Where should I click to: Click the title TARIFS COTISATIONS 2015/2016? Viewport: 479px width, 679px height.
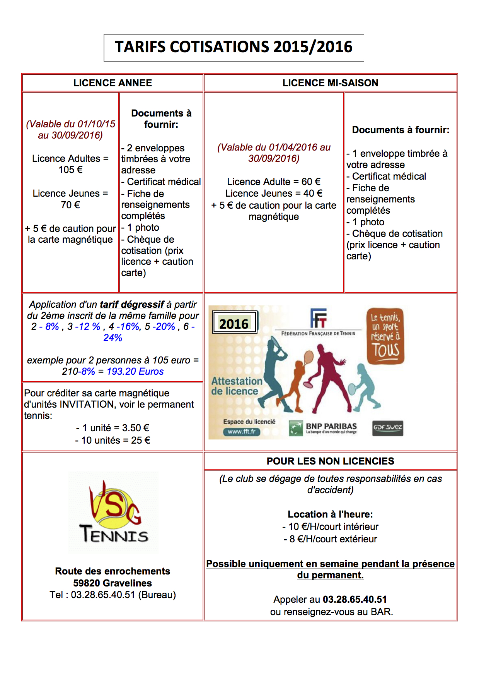(234, 47)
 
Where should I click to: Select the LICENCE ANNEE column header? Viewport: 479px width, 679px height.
(113, 83)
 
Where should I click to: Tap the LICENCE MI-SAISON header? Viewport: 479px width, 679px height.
(330, 83)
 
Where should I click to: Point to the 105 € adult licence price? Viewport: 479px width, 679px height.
(70, 170)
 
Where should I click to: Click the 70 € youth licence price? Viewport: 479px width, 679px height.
(70, 205)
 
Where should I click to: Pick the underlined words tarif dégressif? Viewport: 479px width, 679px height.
(132, 304)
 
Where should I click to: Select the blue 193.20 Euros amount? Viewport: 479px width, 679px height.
(135, 371)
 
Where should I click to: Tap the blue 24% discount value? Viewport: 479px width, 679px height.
(113, 338)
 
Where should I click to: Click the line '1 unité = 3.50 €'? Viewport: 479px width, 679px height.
(113, 428)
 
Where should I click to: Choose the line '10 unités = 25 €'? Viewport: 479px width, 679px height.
(113, 440)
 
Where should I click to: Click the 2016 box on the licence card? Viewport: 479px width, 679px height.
(234, 322)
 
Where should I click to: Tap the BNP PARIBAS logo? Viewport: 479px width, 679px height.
(323, 428)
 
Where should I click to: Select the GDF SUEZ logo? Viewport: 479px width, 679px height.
(387, 428)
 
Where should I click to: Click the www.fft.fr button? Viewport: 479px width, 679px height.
(241, 432)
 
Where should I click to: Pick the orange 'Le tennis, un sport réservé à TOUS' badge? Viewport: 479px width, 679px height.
(385, 336)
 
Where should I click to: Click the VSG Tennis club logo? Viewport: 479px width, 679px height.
(113, 513)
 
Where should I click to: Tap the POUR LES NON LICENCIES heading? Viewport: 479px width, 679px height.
(330, 461)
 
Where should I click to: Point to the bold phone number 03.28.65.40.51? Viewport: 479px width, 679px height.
(355, 599)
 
